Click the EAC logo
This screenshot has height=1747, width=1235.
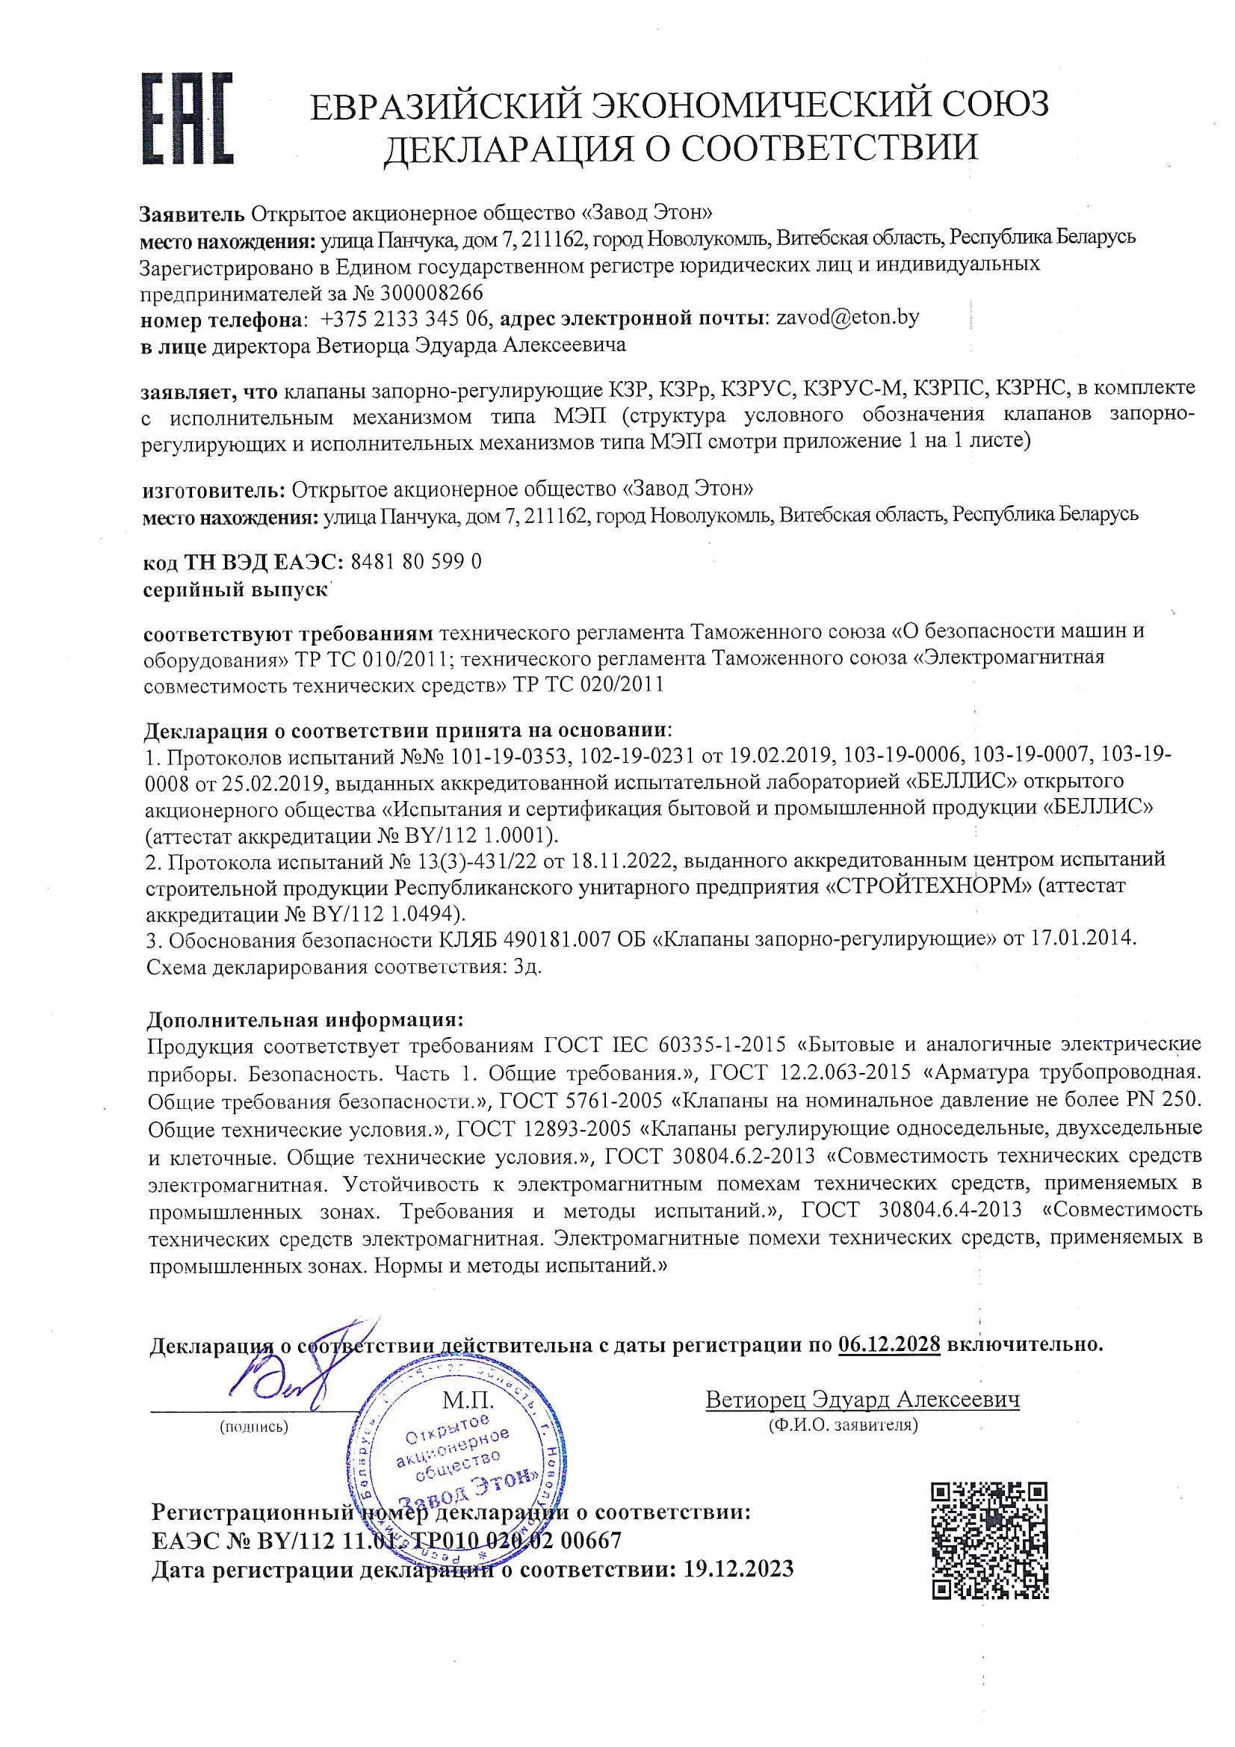(188, 119)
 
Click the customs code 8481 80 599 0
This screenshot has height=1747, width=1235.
(415, 562)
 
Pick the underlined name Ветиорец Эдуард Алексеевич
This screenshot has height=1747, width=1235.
(862, 1400)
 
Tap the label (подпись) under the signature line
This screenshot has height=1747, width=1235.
(253, 1426)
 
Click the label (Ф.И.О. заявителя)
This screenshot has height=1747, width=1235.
(843, 1424)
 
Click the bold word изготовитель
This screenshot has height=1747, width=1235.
(213, 489)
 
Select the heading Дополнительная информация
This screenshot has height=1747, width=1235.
(304, 1018)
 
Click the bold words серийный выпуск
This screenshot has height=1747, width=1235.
(235, 590)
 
